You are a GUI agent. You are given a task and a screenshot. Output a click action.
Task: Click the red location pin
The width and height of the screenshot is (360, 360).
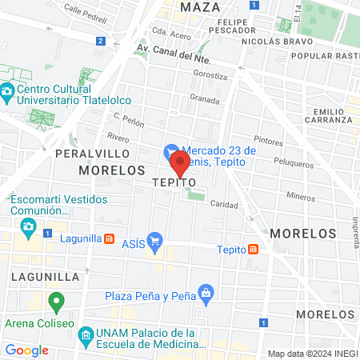(180, 164)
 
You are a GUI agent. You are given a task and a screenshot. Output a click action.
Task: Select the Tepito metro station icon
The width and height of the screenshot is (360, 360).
(253, 249)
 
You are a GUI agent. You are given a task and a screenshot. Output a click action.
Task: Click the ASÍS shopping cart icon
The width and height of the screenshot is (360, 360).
(156, 239)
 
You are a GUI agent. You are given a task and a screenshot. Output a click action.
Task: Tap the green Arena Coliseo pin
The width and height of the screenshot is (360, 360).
(56, 302)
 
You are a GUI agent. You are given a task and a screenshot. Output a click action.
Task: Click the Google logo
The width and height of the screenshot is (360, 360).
(26, 350)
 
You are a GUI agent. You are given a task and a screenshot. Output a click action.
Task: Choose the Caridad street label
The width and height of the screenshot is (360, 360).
(225, 204)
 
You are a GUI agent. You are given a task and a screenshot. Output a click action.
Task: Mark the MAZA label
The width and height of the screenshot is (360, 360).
(200, 7)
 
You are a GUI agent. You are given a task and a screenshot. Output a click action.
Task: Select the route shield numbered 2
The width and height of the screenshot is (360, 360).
(99, 41)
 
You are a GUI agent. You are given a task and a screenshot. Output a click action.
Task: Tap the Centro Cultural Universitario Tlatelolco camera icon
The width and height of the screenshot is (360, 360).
(7, 91)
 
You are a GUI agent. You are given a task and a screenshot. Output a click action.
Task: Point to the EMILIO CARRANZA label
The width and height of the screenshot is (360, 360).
(333, 114)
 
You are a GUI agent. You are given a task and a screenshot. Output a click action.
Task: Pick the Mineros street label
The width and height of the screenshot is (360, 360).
(301, 195)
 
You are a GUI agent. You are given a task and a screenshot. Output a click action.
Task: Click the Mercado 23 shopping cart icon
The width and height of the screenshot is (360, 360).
(171, 150)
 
